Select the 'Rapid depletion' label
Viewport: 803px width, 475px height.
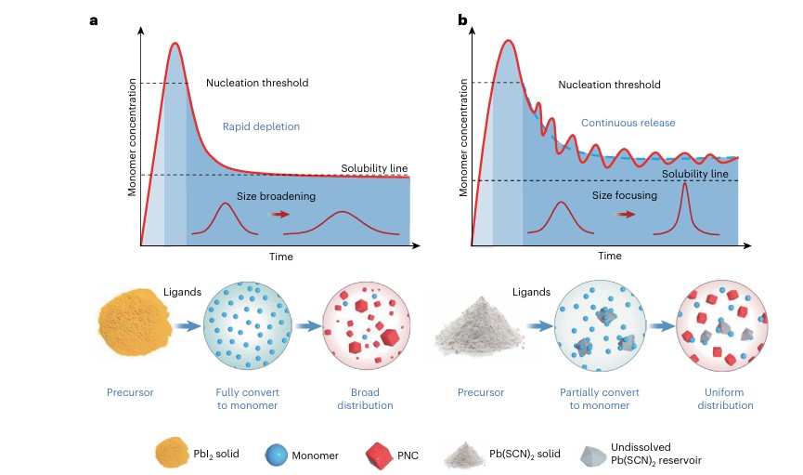[x=261, y=126]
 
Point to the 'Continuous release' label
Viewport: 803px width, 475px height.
[x=628, y=122]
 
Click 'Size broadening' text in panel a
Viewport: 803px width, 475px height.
[x=262, y=196]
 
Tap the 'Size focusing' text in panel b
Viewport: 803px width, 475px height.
[x=625, y=196]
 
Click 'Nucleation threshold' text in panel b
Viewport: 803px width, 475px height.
[x=609, y=85]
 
